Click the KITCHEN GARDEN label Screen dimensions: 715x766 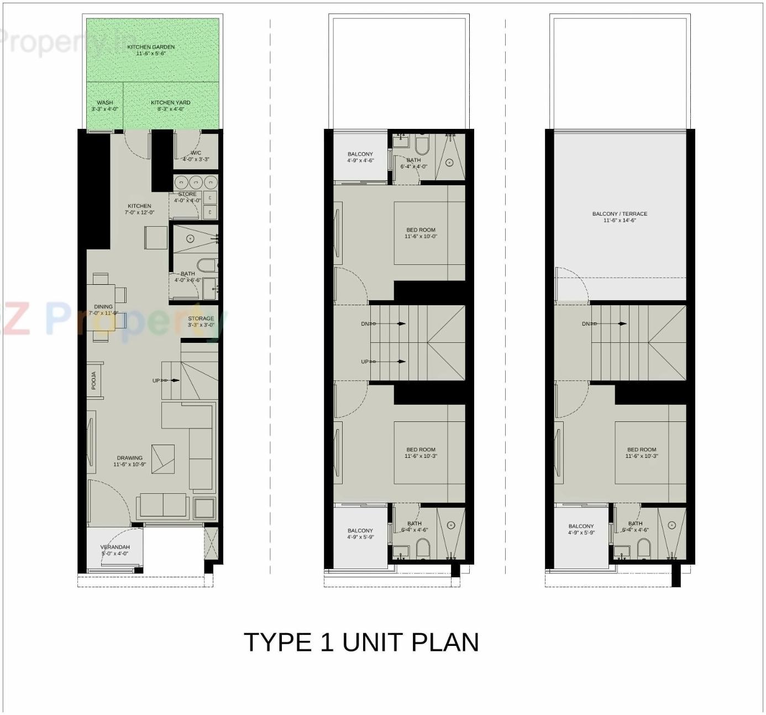point(151,50)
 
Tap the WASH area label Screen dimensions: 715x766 point(104,106)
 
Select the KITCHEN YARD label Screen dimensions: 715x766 point(170,106)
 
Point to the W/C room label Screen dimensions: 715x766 point(196,156)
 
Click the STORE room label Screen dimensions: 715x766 point(187,197)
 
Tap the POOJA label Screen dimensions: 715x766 point(94,380)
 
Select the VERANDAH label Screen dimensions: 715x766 point(115,550)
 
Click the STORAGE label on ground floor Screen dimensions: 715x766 point(201,321)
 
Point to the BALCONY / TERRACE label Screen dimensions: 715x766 point(620,217)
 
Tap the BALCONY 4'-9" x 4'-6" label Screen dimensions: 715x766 point(360,157)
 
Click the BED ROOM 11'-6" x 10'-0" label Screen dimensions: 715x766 point(421,233)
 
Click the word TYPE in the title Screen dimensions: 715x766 point(277,643)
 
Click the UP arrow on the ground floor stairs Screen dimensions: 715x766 point(174,380)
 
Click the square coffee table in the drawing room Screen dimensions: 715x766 point(163,458)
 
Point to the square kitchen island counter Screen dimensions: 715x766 point(156,238)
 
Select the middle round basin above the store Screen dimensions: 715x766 point(196,182)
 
